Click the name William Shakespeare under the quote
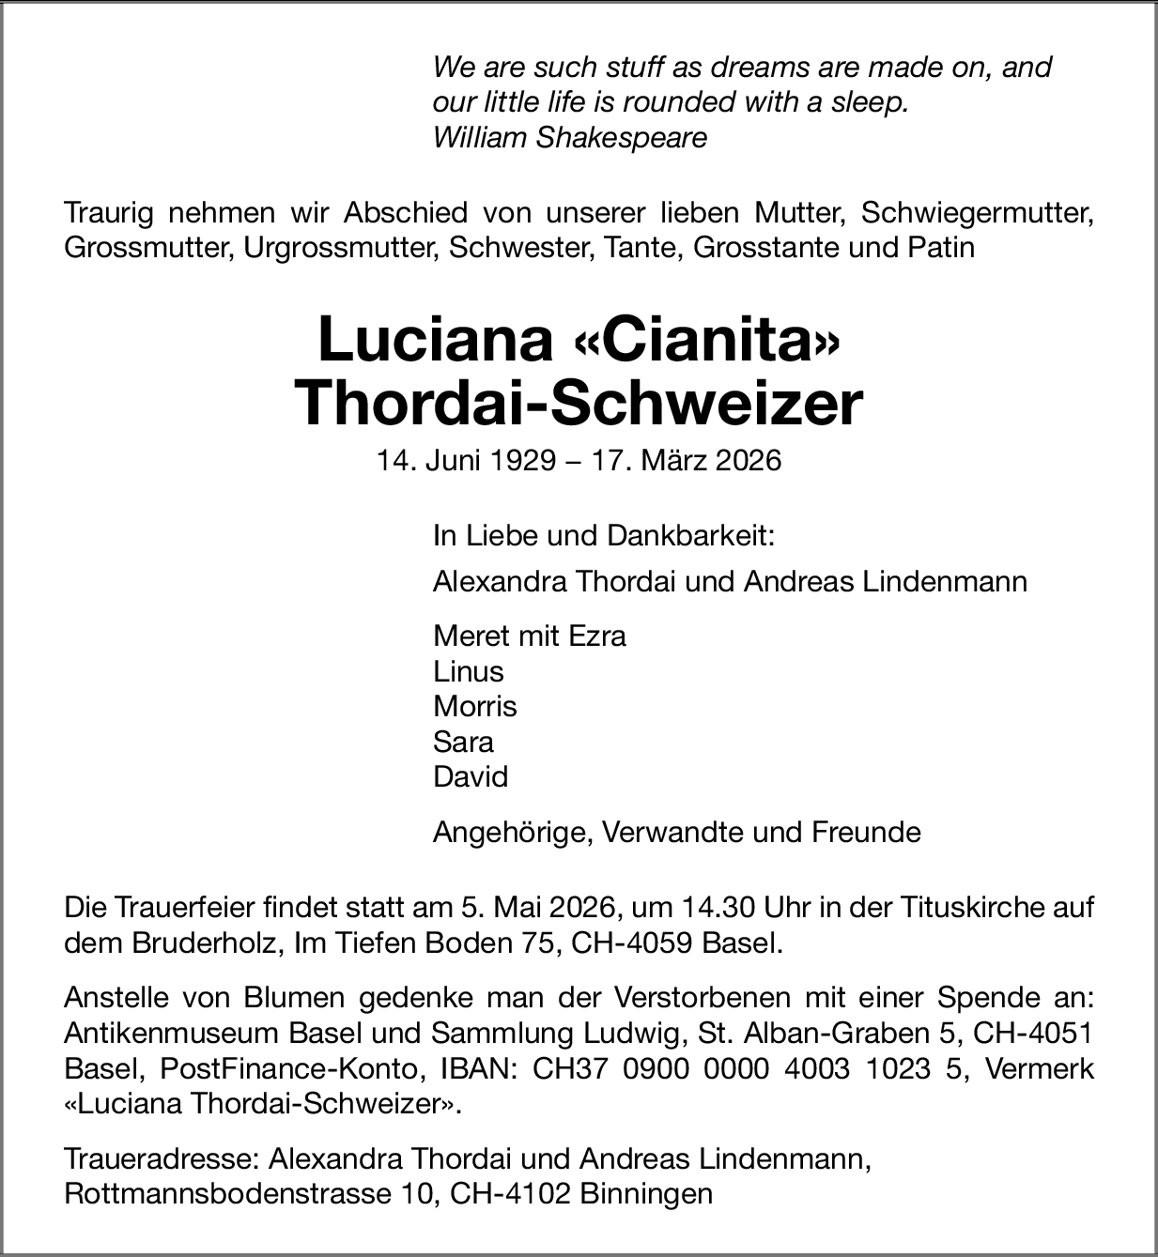(x=569, y=138)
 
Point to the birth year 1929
(x=521, y=461)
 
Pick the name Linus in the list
(x=468, y=671)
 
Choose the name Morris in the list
(x=474, y=706)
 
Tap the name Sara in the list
(x=463, y=742)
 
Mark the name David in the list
(x=470, y=776)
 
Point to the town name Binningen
(x=646, y=1194)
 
